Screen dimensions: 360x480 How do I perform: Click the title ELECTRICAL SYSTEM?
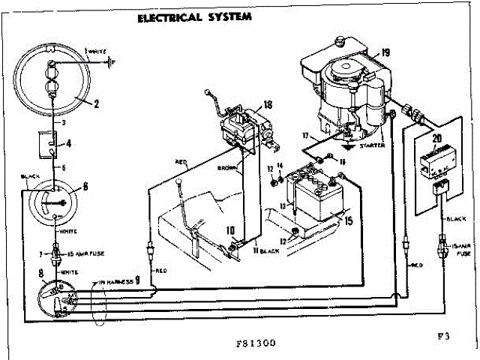pos(194,18)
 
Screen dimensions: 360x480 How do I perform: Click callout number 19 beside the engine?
pos(385,52)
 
